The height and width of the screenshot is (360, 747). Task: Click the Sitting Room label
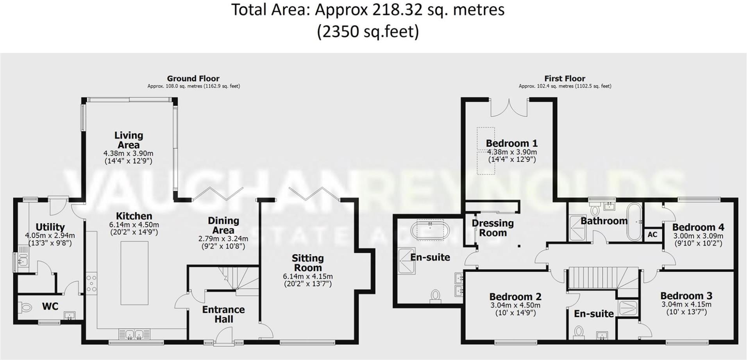(x=308, y=263)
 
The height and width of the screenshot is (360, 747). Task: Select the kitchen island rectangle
(x=134, y=273)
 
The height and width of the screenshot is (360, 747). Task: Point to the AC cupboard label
(x=652, y=235)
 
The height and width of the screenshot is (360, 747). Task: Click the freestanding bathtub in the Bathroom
(x=634, y=221)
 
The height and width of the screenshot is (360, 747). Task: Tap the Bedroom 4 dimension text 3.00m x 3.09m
(x=698, y=236)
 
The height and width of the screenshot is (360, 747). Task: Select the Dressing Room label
(x=493, y=228)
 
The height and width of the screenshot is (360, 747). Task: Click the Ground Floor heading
(x=193, y=78)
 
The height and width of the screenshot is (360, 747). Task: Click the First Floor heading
(x=565, y=78)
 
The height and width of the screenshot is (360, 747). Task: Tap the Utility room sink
(x=22, y=260)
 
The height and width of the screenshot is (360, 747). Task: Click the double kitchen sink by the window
(x=135, y=334)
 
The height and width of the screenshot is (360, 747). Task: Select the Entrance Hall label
(x=223, y=314)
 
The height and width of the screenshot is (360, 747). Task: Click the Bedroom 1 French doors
(x=509, y=107)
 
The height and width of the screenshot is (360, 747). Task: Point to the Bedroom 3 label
(x=686, y=296)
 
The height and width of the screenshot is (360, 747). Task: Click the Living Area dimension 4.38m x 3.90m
(x=128, y=153)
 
